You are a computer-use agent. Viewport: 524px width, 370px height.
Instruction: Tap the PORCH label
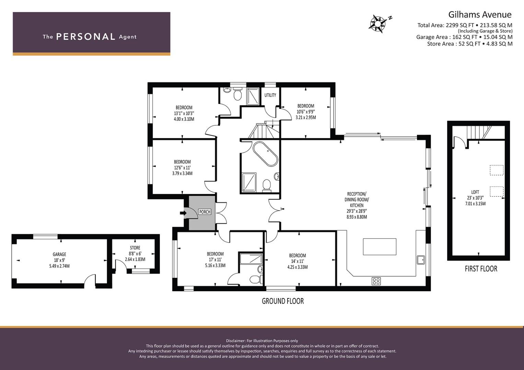[205, 212]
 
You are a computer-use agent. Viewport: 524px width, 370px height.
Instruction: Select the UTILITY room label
[270, 95]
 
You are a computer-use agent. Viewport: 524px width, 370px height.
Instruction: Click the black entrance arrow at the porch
[183, 213]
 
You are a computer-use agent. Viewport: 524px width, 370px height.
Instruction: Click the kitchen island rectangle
[380, 247]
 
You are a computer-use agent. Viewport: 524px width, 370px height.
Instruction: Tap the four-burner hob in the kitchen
[376, 281]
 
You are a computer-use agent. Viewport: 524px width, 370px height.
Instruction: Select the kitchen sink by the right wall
[421, 260]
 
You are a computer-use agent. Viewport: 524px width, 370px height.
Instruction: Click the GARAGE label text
[59, 254]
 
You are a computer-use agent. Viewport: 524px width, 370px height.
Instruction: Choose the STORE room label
[135, 248]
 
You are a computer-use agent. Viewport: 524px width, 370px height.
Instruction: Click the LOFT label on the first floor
[475, 192]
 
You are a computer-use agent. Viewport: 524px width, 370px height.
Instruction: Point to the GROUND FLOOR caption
[282, 301]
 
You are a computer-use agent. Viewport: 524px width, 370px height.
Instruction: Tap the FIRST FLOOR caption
[481, 269]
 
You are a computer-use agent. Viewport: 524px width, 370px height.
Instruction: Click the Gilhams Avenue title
[480, 15]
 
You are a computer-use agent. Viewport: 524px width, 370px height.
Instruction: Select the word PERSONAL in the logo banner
[86, 37]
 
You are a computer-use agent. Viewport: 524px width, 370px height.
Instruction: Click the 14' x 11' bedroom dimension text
[297, 261]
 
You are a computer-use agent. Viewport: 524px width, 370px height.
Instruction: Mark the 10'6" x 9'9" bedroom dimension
[306, 112]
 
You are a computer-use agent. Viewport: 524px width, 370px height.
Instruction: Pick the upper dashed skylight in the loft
[497, 170]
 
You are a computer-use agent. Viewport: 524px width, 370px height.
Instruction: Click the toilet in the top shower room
[238, 94]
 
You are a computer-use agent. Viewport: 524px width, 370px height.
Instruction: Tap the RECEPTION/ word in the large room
[357, 194]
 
